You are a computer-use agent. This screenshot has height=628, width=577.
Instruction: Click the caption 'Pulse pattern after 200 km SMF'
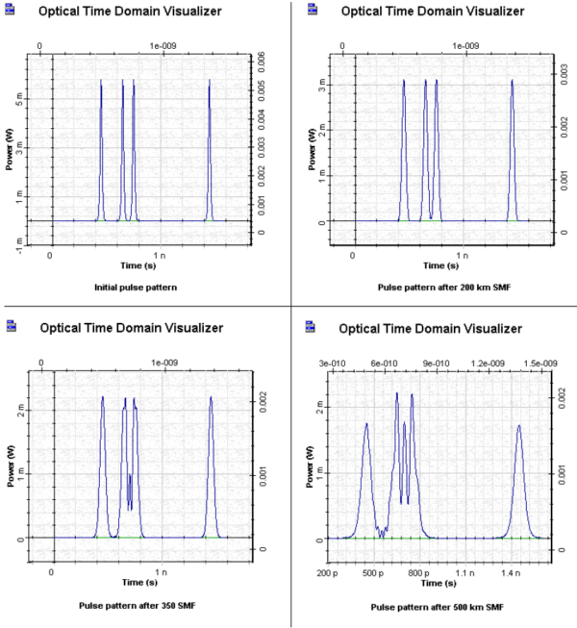pos(440,287)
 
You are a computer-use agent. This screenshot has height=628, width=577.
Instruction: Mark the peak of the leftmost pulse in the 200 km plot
pos(404,81)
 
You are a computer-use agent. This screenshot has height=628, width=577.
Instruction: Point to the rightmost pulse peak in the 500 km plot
pos(519,425)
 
